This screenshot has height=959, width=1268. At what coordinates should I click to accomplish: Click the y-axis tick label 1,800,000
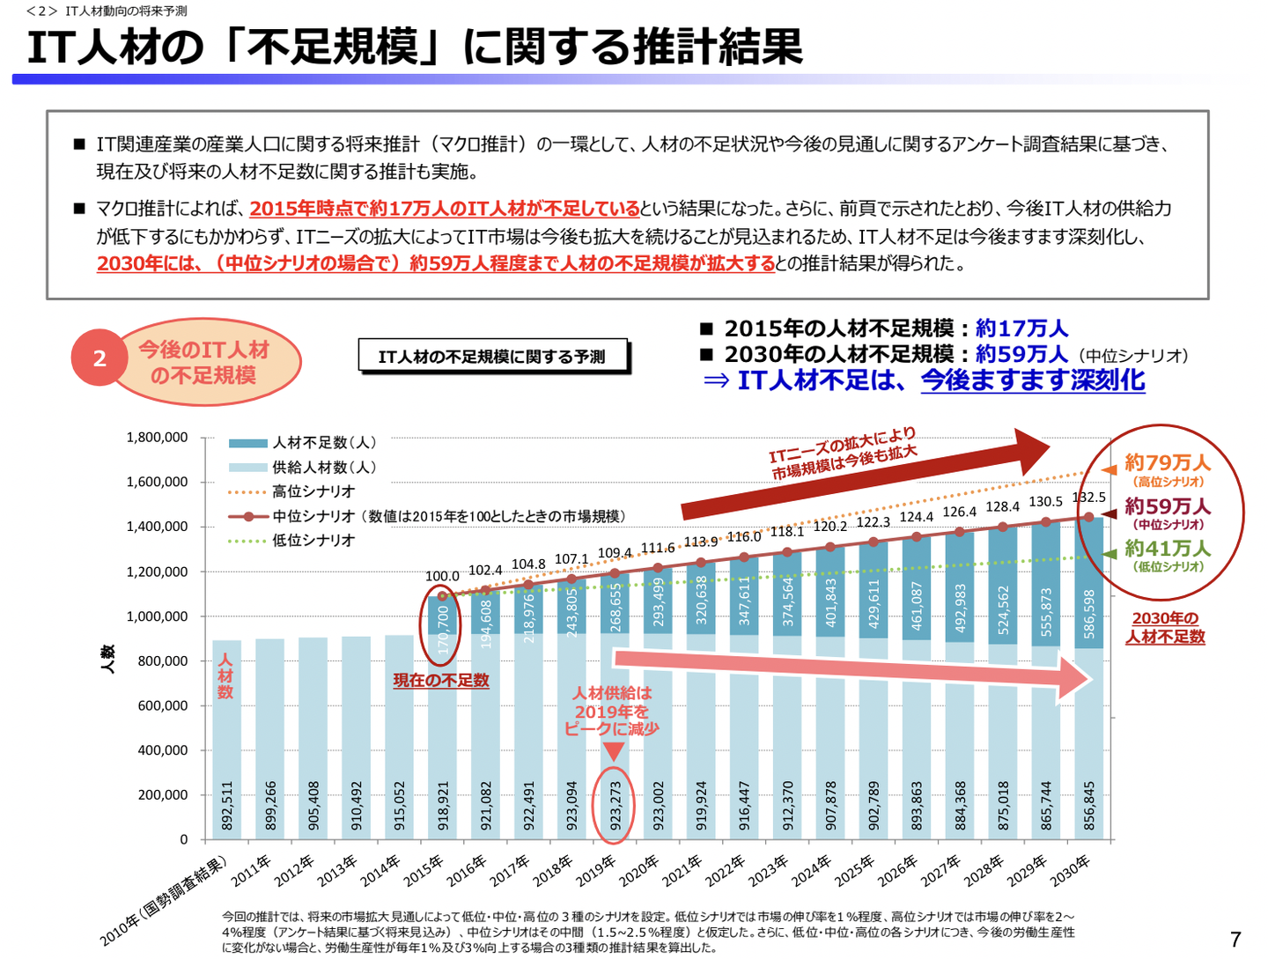[x=157, y=438]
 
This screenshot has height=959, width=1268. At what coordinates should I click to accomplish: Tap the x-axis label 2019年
[x=597, y=869]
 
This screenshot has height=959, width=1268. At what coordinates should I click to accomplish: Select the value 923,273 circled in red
[x=615, y=806]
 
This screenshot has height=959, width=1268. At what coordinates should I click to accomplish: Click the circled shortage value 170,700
[x=443, y=629]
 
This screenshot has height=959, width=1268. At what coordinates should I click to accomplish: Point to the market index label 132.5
[x=1089, y=498]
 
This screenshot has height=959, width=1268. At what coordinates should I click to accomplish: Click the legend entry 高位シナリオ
[x=313, y=491]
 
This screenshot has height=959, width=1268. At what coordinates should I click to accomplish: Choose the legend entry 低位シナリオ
[x=313, y=541]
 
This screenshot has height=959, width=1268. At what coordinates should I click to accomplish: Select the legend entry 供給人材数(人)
[x=323, y=468]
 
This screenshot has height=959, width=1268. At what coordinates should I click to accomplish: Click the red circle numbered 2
[x=100, y=358]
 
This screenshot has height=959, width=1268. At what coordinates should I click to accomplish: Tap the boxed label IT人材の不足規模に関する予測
[x=492, y=357]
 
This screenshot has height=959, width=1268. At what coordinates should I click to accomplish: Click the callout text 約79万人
[x=1167, y=462]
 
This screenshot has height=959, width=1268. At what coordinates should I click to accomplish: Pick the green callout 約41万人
[x=1167, y=548]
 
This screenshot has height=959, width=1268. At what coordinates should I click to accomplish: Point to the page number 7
[x=1235, y=940]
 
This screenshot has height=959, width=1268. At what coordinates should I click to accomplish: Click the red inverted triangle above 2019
[x=614, y=751]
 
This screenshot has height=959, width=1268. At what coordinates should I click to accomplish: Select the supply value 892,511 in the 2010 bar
[x=227, y=806]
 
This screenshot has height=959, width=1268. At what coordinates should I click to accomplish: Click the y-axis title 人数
[x=107, y=659]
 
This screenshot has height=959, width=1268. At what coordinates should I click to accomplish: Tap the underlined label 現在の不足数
[x=441, y=681]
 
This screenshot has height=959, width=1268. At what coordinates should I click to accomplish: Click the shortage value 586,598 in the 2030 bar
[x=1089, y=614]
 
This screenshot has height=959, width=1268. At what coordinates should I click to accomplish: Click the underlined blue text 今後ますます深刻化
[x=1033, y=380]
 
